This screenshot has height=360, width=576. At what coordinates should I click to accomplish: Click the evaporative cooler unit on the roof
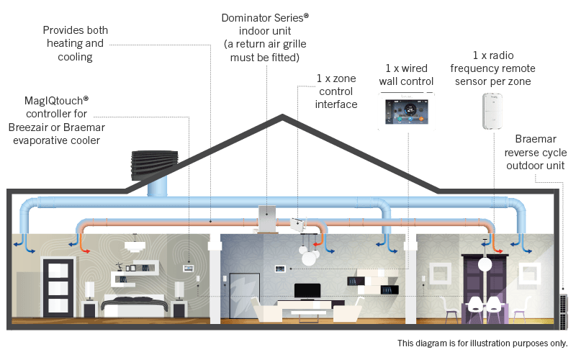pyautogui.click(x=155, y=165)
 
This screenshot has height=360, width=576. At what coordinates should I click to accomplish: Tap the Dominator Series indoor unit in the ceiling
pyautogui.click(x=267, y=219)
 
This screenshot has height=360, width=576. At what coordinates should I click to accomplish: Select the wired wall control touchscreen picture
pyautogui.click(x=407, y=112)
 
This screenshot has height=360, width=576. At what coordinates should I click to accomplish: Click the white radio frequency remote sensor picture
pyautogui.click(x=492, y=111)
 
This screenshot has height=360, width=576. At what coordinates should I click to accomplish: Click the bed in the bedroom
pyautogui.click(x=135, y=305)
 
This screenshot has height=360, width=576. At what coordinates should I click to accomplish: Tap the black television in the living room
pyautogui.click(x=307, y=292)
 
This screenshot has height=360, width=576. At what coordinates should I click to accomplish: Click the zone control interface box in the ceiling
pyautogui.click(x=298, y=225)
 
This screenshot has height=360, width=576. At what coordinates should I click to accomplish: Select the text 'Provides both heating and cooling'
pyautogui.click(x=76, y=43)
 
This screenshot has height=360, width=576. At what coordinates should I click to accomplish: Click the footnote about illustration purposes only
pyautogui.click(x=482, y=343)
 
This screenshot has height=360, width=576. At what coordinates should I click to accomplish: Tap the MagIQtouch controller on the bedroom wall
pyautogui.click(x=189, y=268)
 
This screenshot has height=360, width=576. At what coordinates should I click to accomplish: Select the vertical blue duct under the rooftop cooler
pyautogui.click(x=157, y=186)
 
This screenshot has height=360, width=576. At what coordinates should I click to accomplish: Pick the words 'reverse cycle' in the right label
pyautogui.click(x=535, y=152)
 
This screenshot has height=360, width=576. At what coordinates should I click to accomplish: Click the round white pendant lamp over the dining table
pyautogui.click(x=485, y=264)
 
